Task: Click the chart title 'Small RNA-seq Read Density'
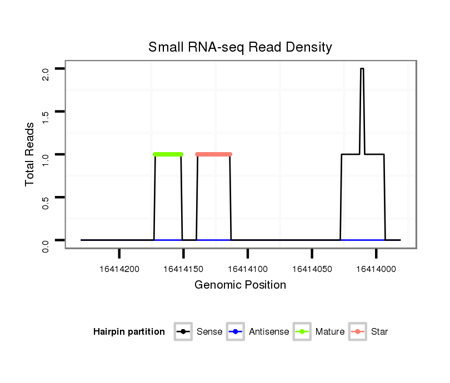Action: [x=240, y=47]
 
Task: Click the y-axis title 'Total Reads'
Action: [x=31, y=154]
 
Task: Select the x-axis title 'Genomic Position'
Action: [x=240, y=285]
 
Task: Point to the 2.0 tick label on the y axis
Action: [x=46, y=73]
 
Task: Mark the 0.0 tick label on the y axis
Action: [x=46, y=244]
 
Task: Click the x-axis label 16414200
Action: [x=119, y=269]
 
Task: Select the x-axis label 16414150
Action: [x=183, y=269]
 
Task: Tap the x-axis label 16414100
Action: [x=248, y=269]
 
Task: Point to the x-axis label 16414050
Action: [x=312, y=269]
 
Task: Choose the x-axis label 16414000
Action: [x=376, y=269]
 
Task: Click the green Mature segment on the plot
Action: [x=168, y=154]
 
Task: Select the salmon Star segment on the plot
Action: [x=213, y=154]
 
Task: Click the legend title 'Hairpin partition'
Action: [x=129, y=332]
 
